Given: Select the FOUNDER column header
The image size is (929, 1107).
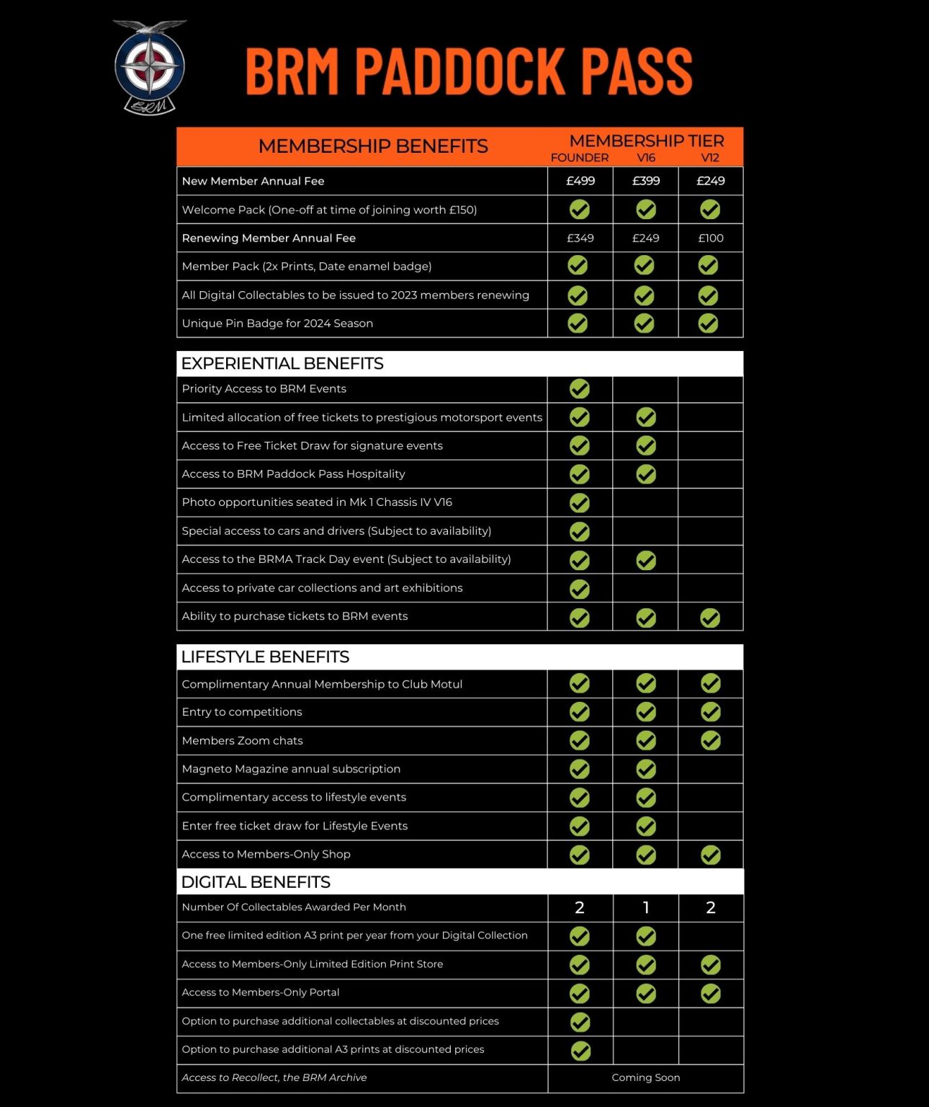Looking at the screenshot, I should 579,158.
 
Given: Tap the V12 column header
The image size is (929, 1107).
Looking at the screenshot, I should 710,158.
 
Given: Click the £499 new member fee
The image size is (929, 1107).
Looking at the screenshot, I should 580,181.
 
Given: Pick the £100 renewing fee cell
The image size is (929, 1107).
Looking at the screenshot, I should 711,238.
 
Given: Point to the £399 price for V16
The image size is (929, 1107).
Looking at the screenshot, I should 646,181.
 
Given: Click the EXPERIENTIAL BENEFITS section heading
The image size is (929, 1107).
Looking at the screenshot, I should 282,363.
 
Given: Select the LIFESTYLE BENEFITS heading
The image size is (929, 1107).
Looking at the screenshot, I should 265,657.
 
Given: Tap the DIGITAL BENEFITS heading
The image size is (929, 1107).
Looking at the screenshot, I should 256,882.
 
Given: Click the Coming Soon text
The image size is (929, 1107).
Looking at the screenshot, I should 646,1077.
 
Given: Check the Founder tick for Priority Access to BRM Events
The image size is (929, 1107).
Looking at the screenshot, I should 580,389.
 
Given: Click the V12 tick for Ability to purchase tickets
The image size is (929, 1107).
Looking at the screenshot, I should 710,618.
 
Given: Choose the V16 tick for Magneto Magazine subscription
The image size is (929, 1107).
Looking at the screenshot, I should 646,769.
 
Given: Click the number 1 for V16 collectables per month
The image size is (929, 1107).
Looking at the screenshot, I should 646,907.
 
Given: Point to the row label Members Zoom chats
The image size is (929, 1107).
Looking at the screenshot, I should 242,740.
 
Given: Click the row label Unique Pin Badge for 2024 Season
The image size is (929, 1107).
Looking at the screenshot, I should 277,323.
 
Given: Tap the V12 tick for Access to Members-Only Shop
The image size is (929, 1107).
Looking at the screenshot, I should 711,855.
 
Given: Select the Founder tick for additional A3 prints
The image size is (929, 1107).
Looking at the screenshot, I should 580,1051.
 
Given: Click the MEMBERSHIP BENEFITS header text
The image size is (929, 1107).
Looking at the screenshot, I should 373,146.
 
